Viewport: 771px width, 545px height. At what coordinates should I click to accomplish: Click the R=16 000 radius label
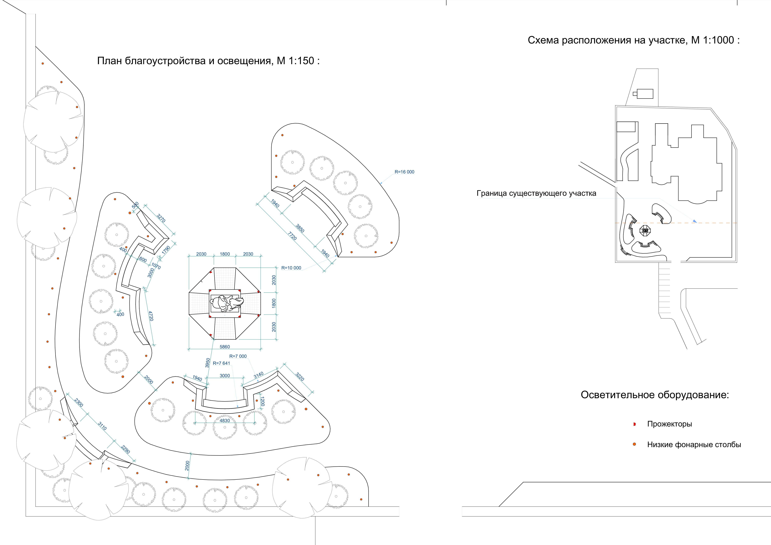click(404, 172)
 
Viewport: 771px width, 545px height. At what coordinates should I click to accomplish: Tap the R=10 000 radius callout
click(291, 268)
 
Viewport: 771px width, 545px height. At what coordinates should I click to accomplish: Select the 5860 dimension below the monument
click(225, 347)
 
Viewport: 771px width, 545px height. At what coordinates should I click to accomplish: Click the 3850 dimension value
click(300, 228)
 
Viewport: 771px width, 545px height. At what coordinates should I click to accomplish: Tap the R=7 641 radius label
click(221, 363)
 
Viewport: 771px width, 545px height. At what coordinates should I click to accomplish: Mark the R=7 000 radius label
click(238, 356)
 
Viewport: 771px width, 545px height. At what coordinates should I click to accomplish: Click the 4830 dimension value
click(225, 421)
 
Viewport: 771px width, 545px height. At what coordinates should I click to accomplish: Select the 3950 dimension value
click(207, 363)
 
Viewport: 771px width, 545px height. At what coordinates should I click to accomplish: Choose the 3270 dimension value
click(161, 218)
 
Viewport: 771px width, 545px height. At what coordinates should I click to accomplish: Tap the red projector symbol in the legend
click(634, 424)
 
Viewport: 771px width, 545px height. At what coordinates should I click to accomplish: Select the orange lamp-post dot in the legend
click(634, 444)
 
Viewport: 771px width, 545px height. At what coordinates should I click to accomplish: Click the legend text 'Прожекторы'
click(669, 424)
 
